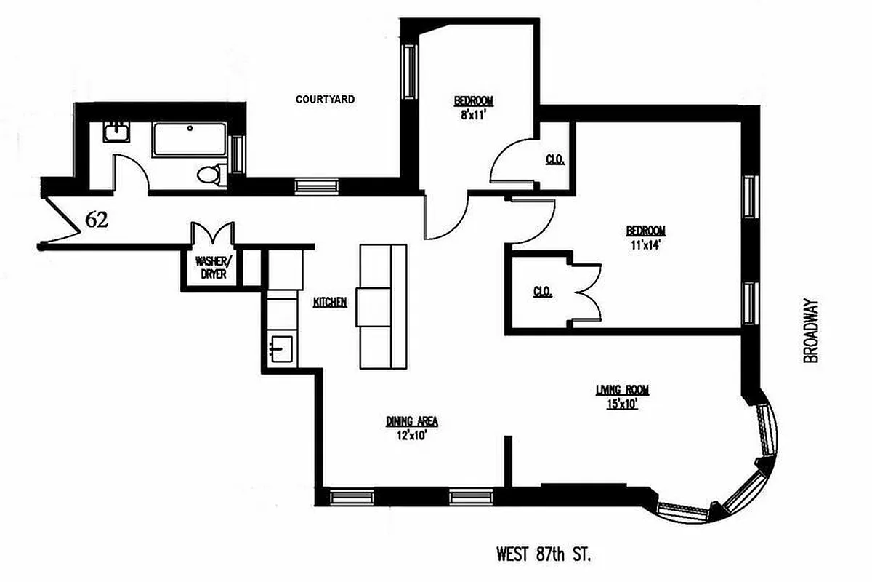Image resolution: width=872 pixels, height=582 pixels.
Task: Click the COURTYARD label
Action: (x=325, y=99)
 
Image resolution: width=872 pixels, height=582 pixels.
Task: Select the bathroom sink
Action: (x=116, y=132)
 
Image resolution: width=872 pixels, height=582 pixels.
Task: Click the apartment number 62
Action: (x=97, y=219)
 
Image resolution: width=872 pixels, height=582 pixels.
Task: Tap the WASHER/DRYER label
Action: (x=211, y=268)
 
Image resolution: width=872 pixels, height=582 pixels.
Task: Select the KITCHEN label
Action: (x=330, y=302)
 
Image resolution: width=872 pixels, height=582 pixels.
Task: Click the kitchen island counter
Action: (x=383, y=306)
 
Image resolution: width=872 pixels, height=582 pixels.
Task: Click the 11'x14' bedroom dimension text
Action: (x=645, y=244)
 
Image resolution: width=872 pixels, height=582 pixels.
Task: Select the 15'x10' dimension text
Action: (x=622, y=404)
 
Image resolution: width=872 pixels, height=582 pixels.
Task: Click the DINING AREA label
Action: (x=412, y=421)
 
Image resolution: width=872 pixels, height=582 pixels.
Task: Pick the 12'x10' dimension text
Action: (x=411, y=436)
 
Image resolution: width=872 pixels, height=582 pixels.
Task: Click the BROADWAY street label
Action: (x=811, y=332)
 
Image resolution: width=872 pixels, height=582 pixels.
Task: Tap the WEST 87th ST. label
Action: (x=544, y=555)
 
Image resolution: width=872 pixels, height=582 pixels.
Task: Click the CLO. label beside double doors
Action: (x=541, y=292)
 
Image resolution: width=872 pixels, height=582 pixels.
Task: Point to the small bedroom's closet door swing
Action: (x=509, y=164)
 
